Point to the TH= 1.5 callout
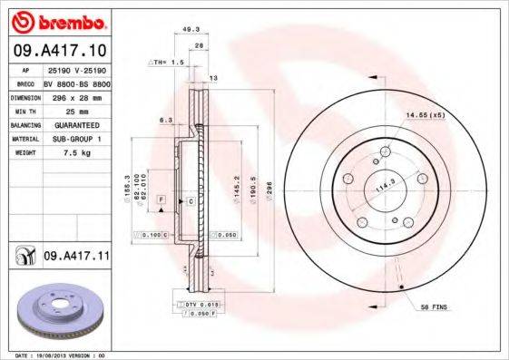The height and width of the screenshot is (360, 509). click(x=168, y=63)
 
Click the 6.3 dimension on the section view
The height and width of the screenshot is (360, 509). click(x=165, y=119)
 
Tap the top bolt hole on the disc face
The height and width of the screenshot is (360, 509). click(x=385, y=151)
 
